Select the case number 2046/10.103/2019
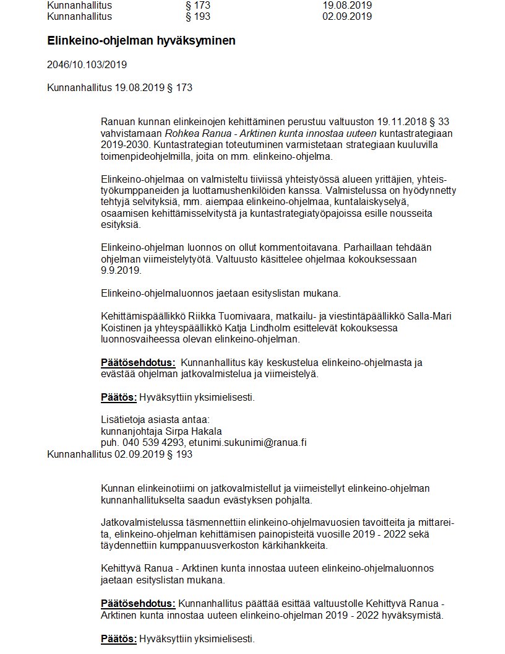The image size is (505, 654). pos(87,64)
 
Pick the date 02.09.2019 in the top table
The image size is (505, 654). pos(347,16)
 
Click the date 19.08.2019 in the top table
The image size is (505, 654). pos(347,5)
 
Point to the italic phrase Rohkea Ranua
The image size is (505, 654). pos(192,133)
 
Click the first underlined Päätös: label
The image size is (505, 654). pos(118,397)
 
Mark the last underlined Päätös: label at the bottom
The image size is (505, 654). pos(118,639)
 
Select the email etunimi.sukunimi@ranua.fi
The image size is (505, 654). pos(248,443)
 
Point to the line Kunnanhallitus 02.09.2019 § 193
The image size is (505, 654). pos(119,454)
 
